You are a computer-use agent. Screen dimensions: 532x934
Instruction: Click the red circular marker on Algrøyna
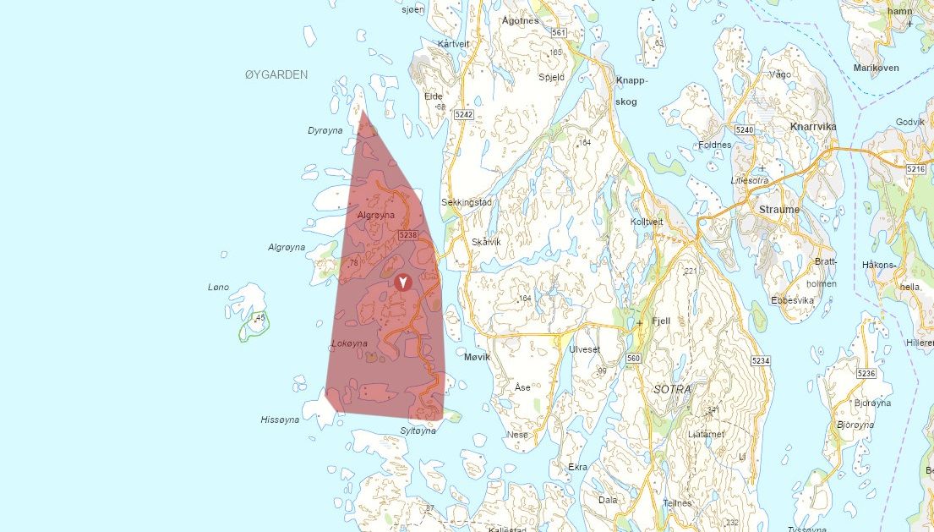(403, 282)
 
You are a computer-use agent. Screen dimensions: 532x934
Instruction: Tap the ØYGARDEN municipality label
(276, 74)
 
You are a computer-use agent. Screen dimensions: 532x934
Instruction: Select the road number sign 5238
(407, 235)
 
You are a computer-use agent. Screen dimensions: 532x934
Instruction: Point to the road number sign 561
(557, 33)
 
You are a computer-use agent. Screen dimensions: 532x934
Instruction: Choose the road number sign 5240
(744, 129)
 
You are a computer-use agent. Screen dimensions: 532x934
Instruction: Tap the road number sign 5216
(916, 169)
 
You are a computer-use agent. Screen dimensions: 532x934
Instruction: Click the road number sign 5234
(761, 361)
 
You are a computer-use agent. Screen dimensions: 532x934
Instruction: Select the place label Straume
(779, 210)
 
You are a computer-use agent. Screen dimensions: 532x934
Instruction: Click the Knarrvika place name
(812, 127)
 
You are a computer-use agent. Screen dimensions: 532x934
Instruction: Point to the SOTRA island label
(672, 390)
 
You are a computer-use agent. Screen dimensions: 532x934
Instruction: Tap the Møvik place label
(478, 357)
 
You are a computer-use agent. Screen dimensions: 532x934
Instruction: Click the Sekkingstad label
(467, 202)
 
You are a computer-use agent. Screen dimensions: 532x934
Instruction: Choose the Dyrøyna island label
(325, 130)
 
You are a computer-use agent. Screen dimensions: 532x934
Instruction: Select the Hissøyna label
(280, 420)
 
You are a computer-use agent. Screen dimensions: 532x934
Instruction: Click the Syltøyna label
(418, 431)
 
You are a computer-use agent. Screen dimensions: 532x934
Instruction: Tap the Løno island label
(218, 287)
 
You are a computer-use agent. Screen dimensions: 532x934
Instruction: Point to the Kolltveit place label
(647, 222)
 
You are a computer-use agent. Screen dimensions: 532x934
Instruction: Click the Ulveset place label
(584, 349)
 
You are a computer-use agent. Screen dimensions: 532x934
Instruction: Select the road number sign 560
(634, 358)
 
